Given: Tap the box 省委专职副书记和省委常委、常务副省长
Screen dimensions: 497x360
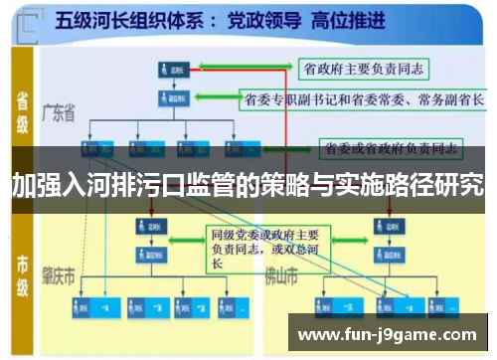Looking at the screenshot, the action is coord(362,99).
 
